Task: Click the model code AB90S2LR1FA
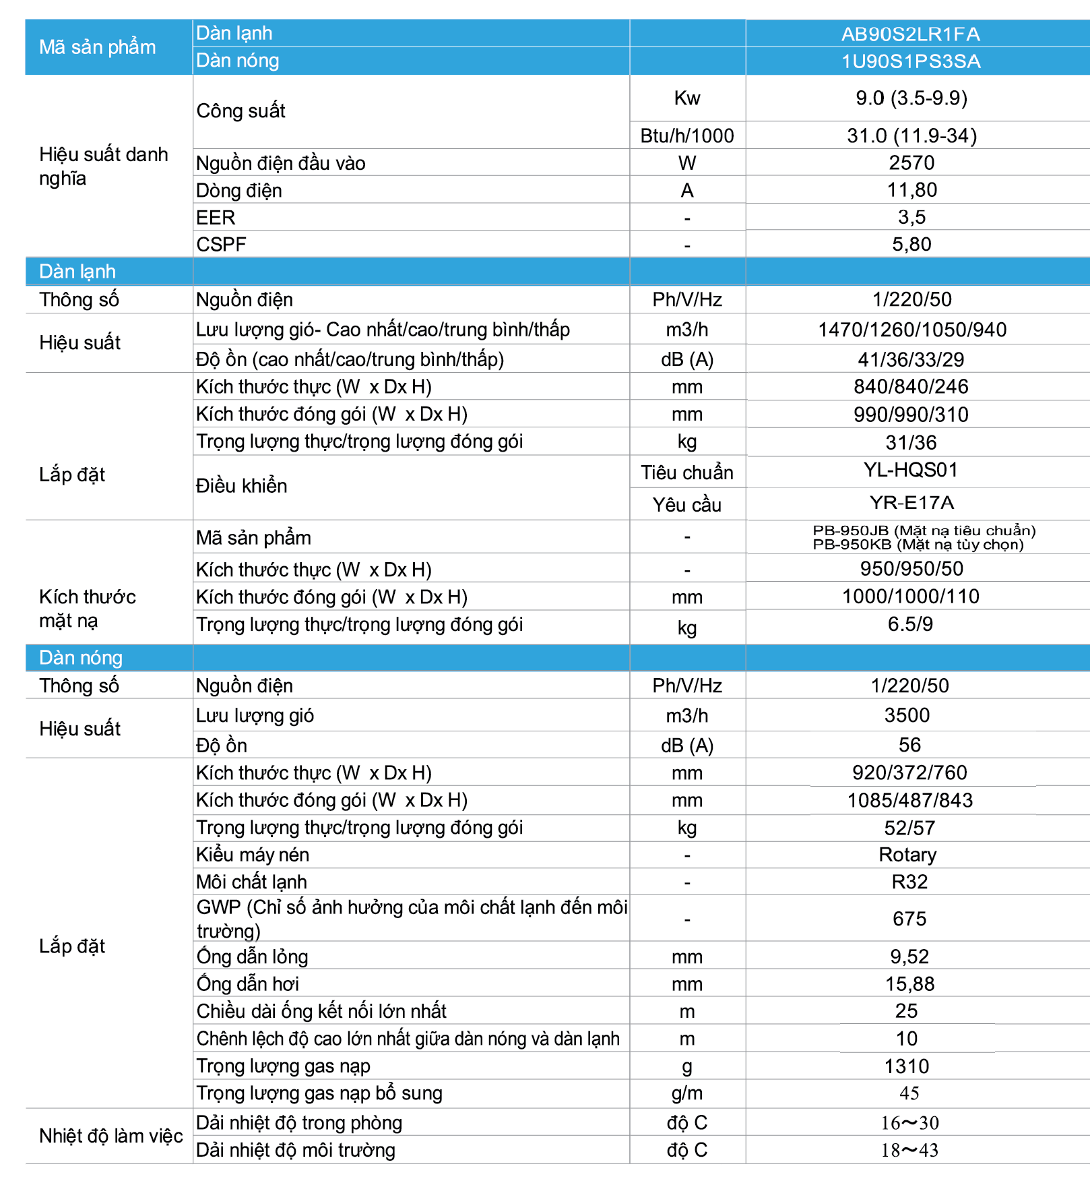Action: (910, 34)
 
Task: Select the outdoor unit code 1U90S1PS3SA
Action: (910, 61)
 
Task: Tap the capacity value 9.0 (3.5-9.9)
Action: (911, 98)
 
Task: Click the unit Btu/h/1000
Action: (686, 136)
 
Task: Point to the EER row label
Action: (216, 218)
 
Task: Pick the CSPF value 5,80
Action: (911, 244)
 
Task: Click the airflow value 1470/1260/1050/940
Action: (911, 330)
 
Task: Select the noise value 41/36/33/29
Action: (911, 359)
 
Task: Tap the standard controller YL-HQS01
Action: (911, 470)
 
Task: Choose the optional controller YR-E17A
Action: (911, 503)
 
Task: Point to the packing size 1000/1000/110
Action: (911, 597)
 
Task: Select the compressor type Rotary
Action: (907, 855)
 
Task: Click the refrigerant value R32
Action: (909, 882)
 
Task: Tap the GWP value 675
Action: (909, 919)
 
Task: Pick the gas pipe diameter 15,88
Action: (909, 984)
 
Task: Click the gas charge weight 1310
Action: (907, 1066)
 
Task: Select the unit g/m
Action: (686, 1093)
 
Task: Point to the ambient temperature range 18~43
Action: (909, 1151)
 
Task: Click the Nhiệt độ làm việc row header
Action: (110, 1136)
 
